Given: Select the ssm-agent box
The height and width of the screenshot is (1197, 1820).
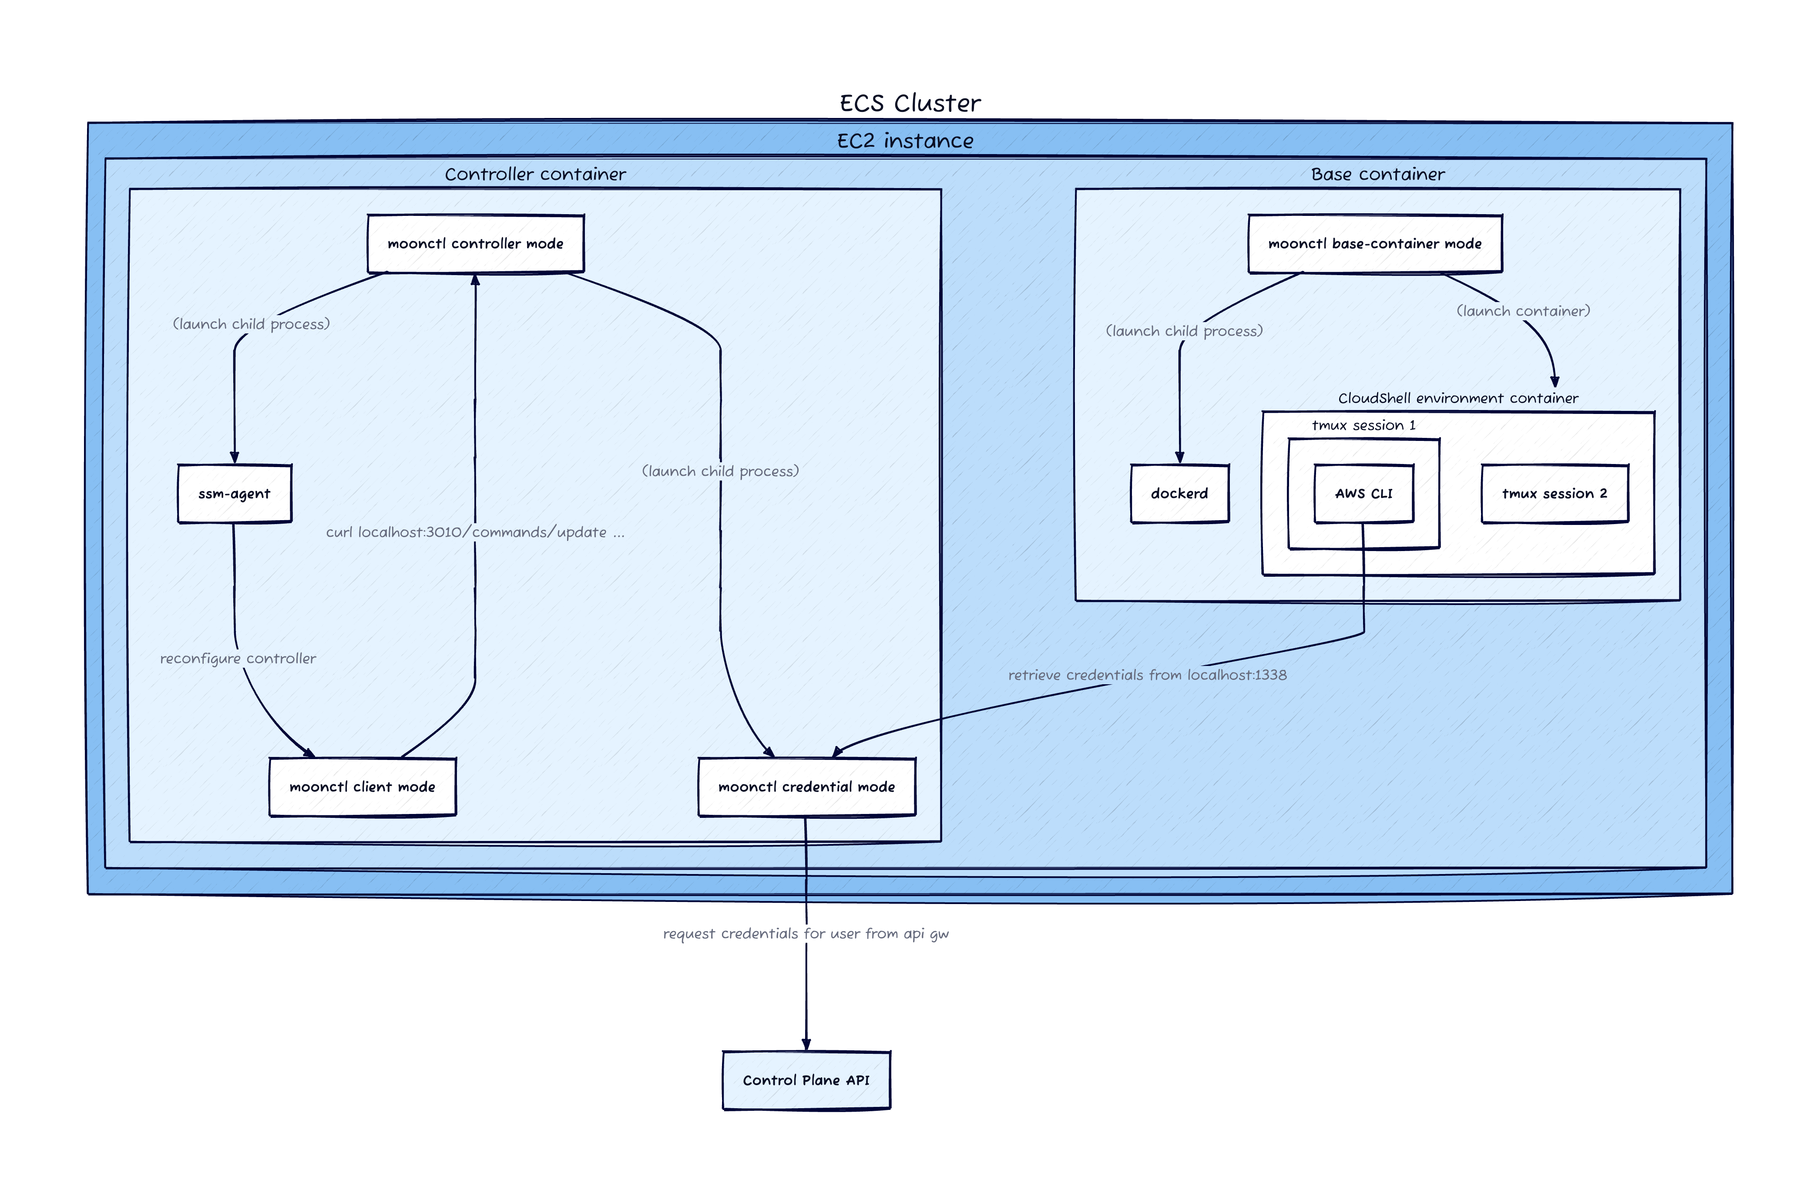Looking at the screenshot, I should [x=234, y=493].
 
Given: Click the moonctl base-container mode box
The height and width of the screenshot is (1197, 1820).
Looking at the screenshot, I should [x=1374, y=243].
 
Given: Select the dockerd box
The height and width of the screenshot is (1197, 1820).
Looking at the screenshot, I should [x=1179, y=493].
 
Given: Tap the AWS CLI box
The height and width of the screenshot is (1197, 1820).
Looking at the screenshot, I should [x=1363, y=493].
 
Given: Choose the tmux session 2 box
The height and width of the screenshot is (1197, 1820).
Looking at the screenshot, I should [x=1554, y=493].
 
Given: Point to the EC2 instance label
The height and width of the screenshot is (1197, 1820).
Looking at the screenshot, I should [x=905, y=141].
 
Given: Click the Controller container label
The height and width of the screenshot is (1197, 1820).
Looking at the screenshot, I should [x=535, y=175].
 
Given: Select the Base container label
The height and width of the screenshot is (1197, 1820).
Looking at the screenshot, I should [x=1377, y=175].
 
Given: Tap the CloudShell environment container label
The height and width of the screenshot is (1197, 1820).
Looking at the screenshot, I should [x=1457, y=398].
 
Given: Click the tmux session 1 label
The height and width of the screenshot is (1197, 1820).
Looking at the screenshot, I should [x=1363, y=425].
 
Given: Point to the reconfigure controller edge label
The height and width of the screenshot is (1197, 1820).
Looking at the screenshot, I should [x=238, y=659].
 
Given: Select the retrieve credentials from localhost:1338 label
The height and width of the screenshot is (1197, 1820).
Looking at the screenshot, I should [x=1147, y=675].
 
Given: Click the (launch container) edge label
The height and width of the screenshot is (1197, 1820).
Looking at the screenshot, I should [x=1522, y=310].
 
